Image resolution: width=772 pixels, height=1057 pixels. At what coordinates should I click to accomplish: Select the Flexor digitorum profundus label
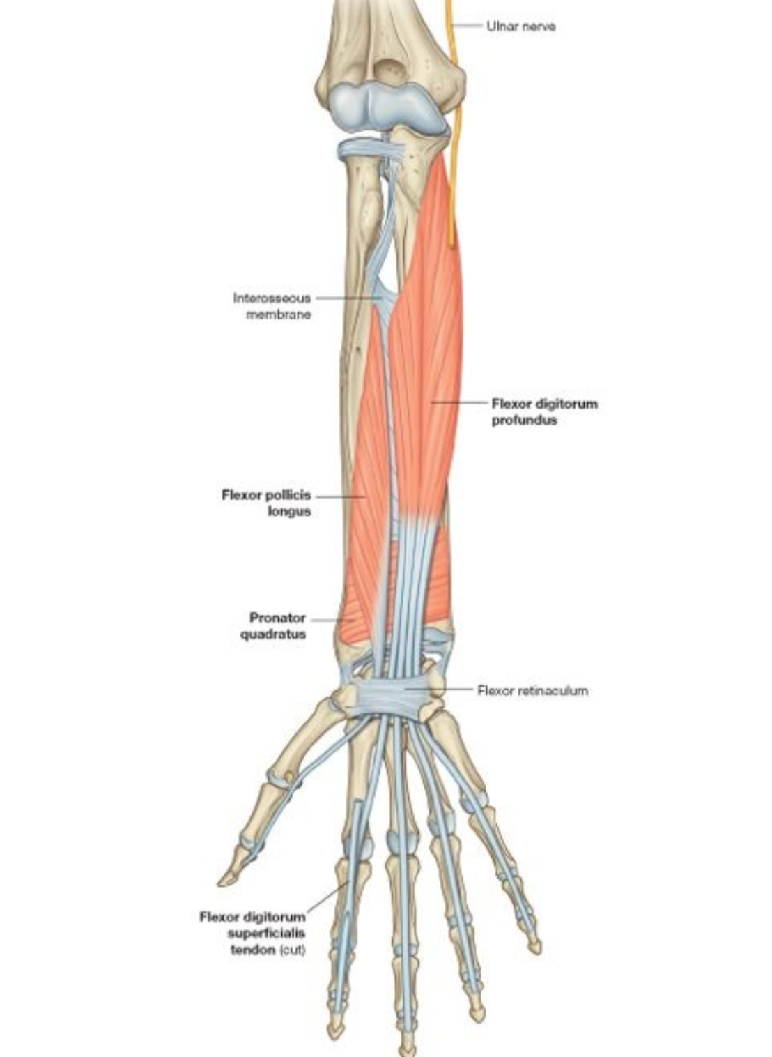(544, 411)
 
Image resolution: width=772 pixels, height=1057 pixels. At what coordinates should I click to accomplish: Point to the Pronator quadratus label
(277, 625)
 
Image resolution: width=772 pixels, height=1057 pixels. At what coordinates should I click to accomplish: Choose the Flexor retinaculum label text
(532, 690)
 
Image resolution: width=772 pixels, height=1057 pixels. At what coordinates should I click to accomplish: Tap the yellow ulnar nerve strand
(456, 139)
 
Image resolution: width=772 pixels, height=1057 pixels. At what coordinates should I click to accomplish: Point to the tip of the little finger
(534, 947)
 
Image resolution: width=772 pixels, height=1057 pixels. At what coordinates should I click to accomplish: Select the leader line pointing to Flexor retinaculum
(446, 689)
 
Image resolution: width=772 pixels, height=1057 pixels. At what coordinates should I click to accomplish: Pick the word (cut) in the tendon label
(292, 950)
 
